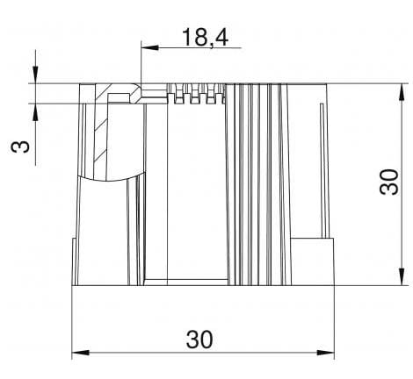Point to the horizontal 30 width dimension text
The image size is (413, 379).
pyautogui.click(x=202, y=338)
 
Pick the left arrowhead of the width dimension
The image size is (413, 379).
pyautogui.click(x=77, y=354)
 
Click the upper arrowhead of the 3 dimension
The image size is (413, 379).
pyautogui.click(x=35, y=77)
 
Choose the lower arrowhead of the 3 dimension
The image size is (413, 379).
pyautogui.click(x=35, y=110)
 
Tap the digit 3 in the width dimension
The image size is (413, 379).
pyautogui.click(x=192, y=338)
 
